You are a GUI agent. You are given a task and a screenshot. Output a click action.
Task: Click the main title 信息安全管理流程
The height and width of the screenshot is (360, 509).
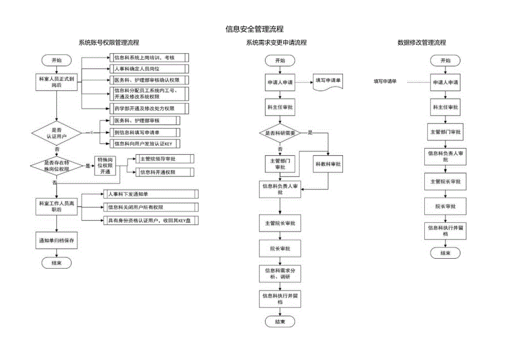coord(254,29)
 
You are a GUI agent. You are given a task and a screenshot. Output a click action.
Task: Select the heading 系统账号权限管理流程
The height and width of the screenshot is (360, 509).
coord(108,43)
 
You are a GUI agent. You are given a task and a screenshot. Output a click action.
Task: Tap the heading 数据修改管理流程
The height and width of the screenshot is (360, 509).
coord(422,43)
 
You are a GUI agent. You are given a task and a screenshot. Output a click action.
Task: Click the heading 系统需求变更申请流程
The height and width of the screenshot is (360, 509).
coord(276,43)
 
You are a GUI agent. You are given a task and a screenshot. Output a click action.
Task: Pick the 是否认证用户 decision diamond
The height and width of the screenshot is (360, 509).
coord(57,132)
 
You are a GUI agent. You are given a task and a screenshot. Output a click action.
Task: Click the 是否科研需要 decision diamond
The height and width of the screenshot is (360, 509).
coord(280,133)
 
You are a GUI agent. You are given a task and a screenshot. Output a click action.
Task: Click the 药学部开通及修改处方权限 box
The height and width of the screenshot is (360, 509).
coord(143,108)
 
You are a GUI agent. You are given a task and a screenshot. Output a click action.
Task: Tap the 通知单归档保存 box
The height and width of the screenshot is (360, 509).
coord(57,241)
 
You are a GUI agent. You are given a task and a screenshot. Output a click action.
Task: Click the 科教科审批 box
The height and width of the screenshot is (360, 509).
coord(329,164)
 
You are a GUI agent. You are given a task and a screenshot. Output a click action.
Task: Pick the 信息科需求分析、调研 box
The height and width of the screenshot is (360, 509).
coord(280,273)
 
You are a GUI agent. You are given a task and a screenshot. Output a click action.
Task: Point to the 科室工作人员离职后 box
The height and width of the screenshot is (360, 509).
coord(57,206)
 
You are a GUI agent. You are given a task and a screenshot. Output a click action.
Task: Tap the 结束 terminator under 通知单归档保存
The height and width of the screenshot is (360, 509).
coord(57,263)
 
